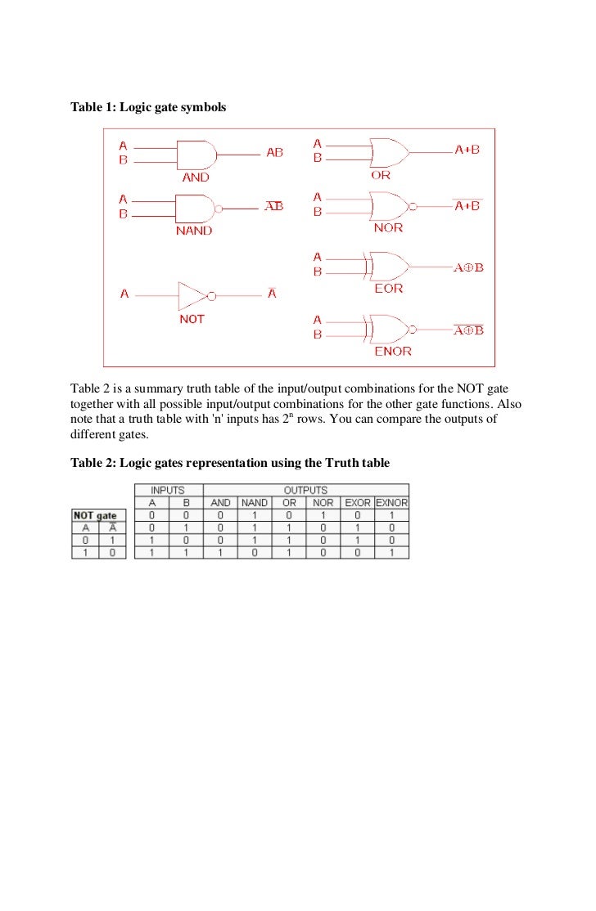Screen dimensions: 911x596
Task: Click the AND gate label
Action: click(x=195, y=177)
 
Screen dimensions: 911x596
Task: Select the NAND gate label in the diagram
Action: click(x=194, y=231)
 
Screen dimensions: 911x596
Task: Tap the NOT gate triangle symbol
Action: click(x=193, y=294)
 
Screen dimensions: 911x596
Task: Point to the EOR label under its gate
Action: click(x=388, y=289)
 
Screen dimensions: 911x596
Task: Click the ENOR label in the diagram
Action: click(x=393, y=352)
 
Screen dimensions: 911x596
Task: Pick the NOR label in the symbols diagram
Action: click(x=388, y=228)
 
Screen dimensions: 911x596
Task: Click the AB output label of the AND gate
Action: click(x=274, y=153)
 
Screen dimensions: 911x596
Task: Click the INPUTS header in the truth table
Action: click(x=166, y=491)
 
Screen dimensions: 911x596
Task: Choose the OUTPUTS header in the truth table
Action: click(x=305, y=491)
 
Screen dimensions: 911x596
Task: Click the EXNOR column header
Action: click(x=391, y=503)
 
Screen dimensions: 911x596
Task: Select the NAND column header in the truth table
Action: click(x=255, y=503)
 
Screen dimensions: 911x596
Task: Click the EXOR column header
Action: click(x=357, y=503)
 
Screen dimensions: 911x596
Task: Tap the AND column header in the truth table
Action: click(x=220, y=503)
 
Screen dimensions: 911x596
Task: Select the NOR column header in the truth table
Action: click(x=323, y=503)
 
